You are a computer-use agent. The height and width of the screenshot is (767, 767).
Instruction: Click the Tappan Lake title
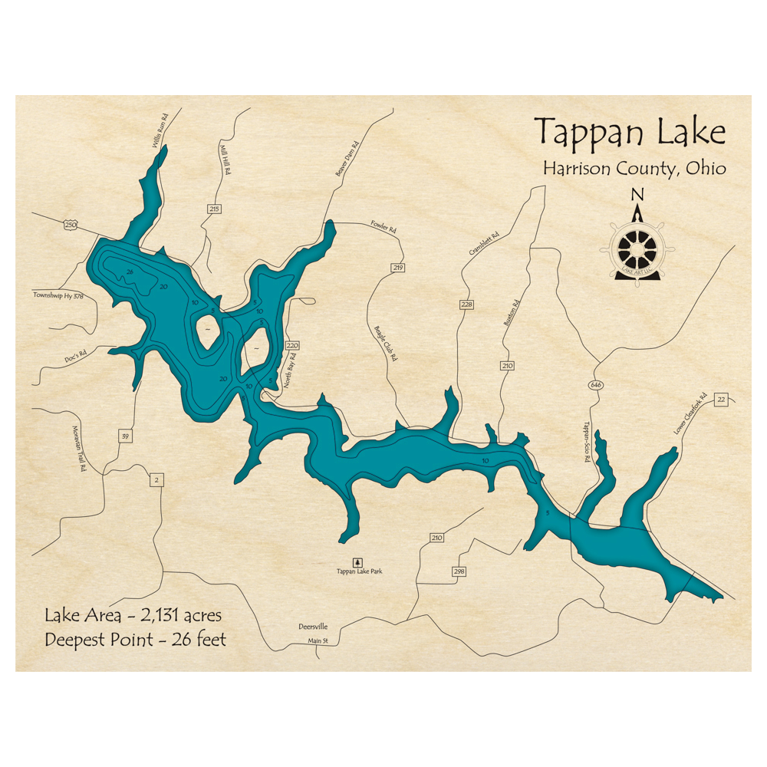(629, 132)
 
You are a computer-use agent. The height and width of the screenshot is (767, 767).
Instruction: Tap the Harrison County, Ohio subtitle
(634, 169)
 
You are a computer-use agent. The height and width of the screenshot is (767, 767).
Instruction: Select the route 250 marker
(71, 225)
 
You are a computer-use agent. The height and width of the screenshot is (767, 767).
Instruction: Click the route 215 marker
(214, 209)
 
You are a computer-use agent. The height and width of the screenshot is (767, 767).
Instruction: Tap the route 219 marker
(397, 268)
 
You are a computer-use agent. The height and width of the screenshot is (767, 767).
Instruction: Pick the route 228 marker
(467, 304)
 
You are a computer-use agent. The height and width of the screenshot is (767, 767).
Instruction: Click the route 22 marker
(720, 400)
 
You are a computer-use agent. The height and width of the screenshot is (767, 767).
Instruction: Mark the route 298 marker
(459, 571)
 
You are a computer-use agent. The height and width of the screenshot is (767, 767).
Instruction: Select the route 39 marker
(125, 436)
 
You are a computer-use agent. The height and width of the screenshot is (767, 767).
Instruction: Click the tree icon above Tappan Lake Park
(355, 561)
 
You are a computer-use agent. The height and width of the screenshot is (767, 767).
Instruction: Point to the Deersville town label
(313, 627)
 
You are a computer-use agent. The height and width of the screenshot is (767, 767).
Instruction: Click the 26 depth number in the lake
(130, 272)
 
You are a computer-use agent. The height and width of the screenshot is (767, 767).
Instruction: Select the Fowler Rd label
(383, 229)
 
